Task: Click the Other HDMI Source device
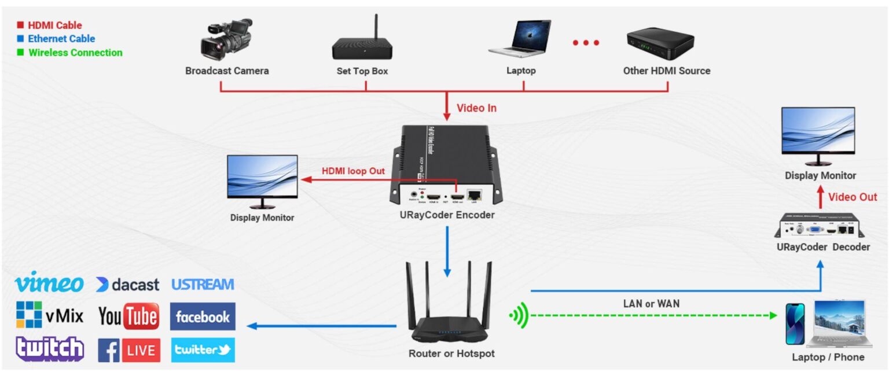click(x=660, y=42)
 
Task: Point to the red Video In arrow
click(x=446, y=106)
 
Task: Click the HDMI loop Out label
click(x=353, y=171)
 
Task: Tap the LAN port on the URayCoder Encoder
click(x=475, y=196)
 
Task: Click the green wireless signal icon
click(x=519, y=316)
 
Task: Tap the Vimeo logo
click(x=49, y=283)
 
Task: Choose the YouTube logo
click(x=128, y=316)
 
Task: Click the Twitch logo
click(x=50, y=349)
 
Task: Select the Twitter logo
click(x=203, y=349)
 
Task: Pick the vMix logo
click(x=50, y=315)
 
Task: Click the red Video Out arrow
click(x=820, y=197)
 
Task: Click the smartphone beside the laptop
click(x=795, y=325)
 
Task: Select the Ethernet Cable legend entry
click(x=61, y=39)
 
